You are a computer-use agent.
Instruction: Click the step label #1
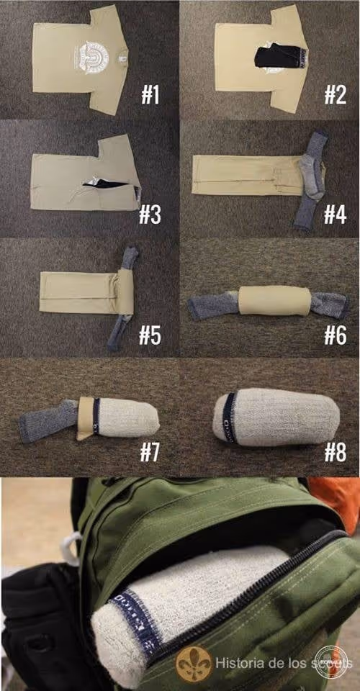click(x=150, y=94)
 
